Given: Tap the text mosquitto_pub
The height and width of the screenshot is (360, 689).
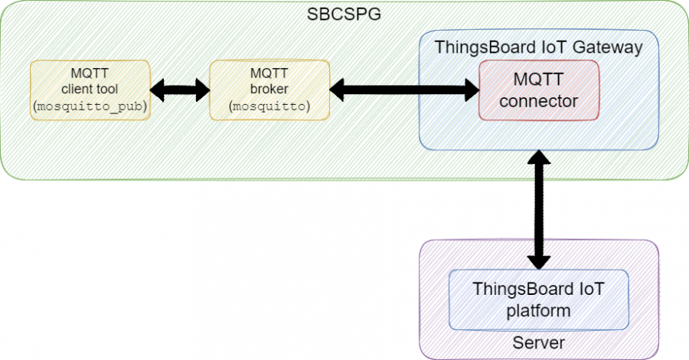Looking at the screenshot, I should tap(90, 107).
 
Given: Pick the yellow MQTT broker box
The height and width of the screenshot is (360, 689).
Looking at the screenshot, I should tap(269, 90).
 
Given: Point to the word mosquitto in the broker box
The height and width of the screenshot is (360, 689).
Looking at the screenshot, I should tap(269, 107).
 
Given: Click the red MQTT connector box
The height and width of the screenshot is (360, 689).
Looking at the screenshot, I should tap(538, 90).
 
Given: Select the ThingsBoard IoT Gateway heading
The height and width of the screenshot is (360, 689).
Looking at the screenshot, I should tap(538, 47).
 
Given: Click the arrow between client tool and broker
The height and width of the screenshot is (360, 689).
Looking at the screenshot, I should tap(180, 90).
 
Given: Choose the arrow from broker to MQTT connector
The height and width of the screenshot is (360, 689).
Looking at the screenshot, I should tap(404, 90).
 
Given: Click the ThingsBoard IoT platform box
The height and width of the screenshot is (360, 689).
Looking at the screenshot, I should tap(538, 299).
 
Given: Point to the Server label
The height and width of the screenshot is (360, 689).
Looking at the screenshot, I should tap(538, 342).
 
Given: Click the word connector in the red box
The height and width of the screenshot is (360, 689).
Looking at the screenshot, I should tap(538, 100).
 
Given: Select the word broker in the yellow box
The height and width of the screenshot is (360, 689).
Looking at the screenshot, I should tap(269, 90).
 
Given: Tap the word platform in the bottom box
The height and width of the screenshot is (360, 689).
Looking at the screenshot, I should tap(538, 310).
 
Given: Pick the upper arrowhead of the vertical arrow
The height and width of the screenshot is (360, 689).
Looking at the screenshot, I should tap(540, 159).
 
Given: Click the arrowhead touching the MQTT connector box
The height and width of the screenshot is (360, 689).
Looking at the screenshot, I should tap(469, 90).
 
